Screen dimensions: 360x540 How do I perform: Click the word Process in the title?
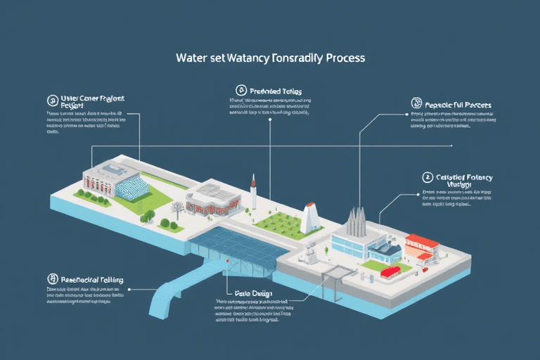coord(343,58)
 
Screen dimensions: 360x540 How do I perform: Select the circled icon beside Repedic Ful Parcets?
coord(416,103)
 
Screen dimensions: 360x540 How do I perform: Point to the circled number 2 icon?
coord(427,177)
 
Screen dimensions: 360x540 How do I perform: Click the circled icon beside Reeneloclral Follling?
coord(51,279)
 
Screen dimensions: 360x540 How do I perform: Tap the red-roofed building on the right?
coord(422,247)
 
